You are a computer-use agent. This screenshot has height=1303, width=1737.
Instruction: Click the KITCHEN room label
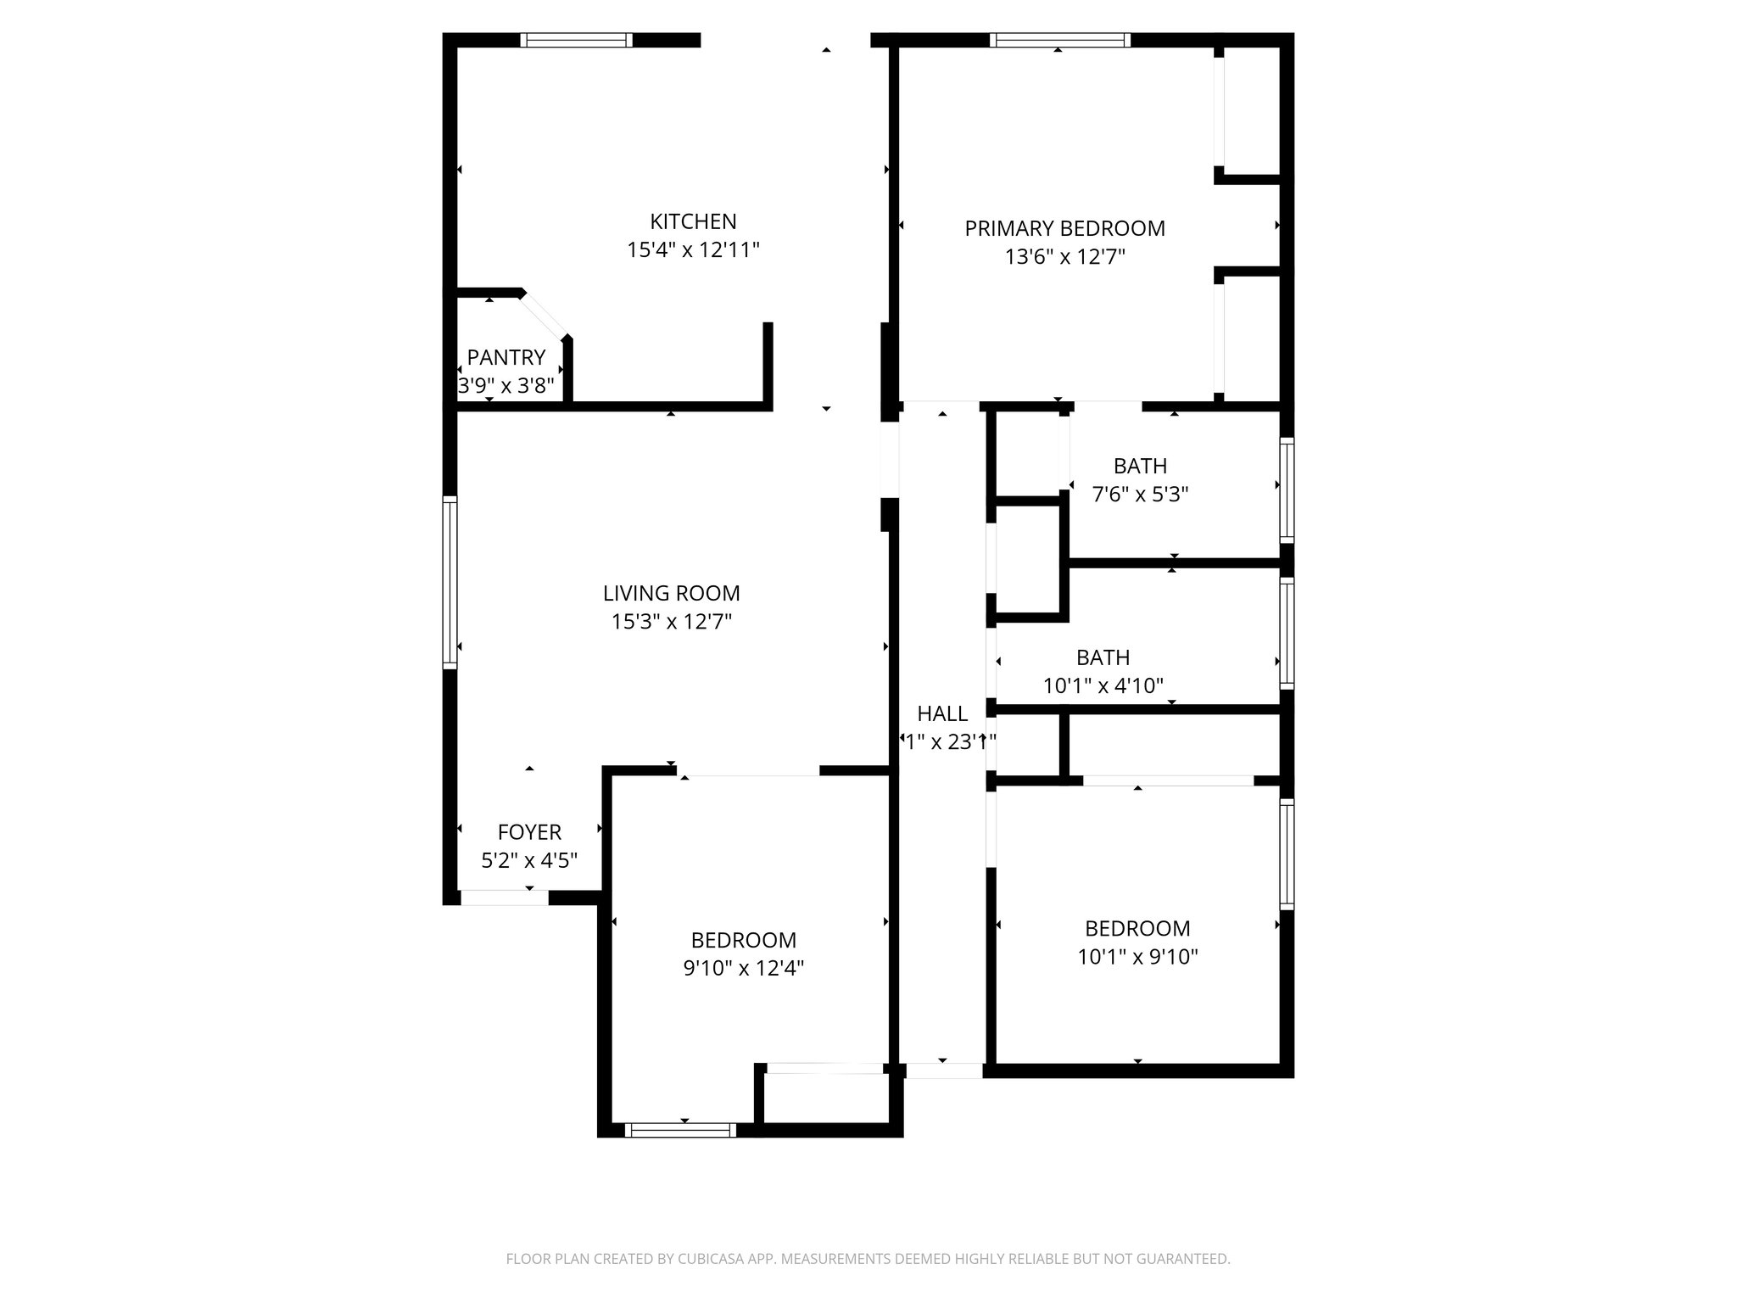click(693, 221)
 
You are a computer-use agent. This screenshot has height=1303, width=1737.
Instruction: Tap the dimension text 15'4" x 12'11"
click(693, 250)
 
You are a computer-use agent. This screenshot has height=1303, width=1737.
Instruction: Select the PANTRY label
click(505, 357)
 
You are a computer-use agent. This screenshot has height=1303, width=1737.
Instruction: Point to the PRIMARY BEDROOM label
click(1064, 228)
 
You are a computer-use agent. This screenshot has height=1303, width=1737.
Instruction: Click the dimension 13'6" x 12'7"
click(1064, 257)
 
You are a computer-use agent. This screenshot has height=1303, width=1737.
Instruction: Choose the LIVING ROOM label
click(671, 593)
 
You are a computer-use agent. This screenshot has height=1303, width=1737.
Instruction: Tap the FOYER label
click(529, 832)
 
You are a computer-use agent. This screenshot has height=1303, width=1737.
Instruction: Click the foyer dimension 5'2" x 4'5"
click(529, 861)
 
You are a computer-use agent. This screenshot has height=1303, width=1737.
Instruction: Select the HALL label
click(942, 713)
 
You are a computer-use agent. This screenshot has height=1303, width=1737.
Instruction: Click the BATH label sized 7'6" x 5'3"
click(1140, 466)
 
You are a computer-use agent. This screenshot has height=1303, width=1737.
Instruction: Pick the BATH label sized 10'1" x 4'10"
click(1103, 657)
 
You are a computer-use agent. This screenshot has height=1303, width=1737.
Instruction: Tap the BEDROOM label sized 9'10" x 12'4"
click(743, 940)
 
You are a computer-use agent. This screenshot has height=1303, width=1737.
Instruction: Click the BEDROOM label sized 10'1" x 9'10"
click(1137, 928)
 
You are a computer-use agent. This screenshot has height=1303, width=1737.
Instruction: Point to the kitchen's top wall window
click(576, 40)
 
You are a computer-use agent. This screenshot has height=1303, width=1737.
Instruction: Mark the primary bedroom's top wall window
click(1059, 40)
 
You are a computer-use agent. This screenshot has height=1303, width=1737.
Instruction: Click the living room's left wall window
click(450, 582)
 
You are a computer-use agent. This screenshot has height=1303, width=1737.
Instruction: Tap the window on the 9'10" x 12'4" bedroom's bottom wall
click(680, 1130)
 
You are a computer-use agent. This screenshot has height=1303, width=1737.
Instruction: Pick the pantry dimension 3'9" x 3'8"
click(505, 386)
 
